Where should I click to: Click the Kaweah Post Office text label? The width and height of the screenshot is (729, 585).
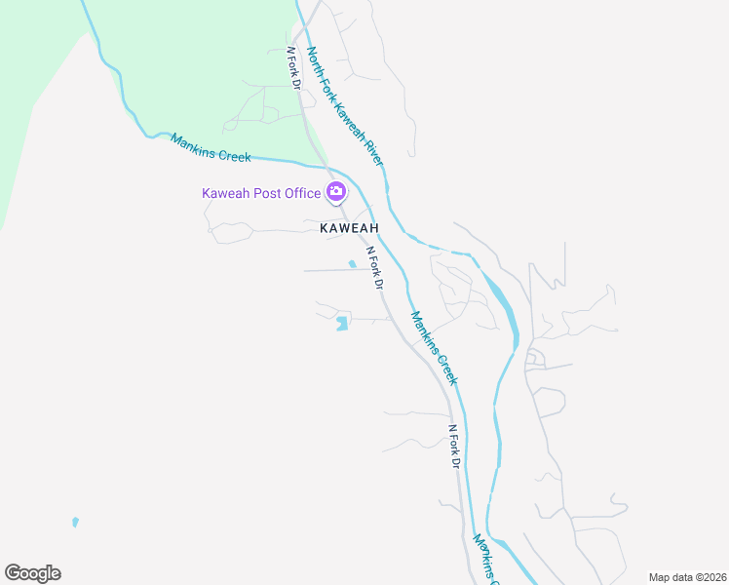[261, 193]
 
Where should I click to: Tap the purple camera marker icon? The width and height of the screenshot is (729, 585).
[336, 191]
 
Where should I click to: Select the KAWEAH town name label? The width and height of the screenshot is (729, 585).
[348, 227]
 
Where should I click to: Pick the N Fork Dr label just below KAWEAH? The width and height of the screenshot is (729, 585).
[374, 268]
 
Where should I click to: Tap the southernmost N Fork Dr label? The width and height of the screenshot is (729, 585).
[453, 447]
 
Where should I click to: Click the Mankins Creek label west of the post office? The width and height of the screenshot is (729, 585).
[211, 148]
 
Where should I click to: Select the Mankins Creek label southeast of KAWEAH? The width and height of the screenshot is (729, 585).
[433, 347]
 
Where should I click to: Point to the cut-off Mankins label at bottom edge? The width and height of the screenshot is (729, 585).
[486, 559]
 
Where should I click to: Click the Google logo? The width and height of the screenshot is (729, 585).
[32, 573]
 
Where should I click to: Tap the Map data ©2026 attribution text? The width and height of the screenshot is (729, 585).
[687, 577]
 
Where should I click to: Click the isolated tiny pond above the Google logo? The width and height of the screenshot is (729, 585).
[75, 522]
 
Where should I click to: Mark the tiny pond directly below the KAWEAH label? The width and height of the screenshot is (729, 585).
[352, 263]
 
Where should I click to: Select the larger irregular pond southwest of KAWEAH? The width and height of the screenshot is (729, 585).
[341, 323]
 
